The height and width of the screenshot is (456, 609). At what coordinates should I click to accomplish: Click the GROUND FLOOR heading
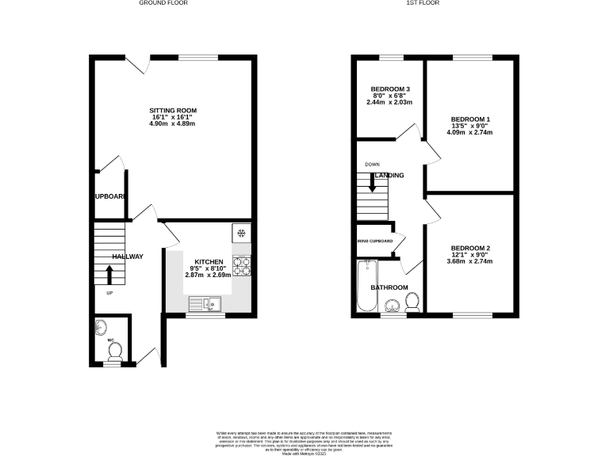[x=163, y=3]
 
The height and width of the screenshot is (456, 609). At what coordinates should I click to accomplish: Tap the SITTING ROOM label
[x=173, y=110]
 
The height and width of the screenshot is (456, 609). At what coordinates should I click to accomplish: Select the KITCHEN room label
[x=209, y=262]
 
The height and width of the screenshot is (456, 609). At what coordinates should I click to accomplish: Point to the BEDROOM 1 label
[x=470, y=120]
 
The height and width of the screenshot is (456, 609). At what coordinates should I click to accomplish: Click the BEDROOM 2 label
[x=470, y=249]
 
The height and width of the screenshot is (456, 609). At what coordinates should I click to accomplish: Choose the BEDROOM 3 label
[x=390, y=89]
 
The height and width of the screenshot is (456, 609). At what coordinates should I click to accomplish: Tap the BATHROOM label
[x=391, y=287]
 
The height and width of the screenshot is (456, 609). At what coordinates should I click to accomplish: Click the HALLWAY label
[x=127, y=256]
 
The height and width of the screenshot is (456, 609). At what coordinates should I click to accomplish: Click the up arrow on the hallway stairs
[x=109, y=274]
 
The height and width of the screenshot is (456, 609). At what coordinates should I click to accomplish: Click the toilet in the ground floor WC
[x=115, y=350]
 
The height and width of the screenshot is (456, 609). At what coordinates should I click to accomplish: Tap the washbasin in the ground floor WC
[x=101, y=326]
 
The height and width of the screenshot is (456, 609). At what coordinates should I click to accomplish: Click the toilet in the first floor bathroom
[x=412, y=302]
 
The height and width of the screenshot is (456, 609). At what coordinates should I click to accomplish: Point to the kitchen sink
[x=208, y=303]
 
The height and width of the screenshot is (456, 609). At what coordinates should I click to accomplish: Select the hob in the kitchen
[x=241, y=267]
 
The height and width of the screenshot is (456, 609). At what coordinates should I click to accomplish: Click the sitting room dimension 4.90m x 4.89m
[x=173, y=125]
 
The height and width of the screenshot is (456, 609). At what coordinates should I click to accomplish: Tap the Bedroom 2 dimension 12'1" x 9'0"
[x=470, y=255]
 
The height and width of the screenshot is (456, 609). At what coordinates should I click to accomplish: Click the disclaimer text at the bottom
[x=304, y=440]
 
